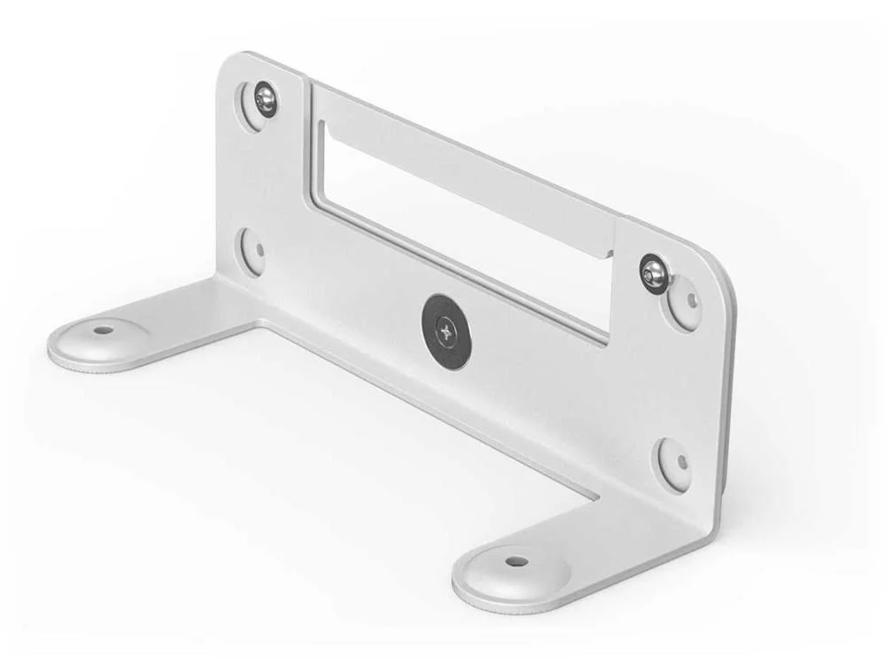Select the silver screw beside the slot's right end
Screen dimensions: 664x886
pos(654,271)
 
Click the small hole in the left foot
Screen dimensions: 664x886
pos(104,330)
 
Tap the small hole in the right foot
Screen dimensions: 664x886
pos(517,560)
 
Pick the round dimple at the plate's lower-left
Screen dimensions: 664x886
pos(252,251)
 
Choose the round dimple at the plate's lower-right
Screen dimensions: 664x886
pos(672,463)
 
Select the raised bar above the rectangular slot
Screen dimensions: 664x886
pos(461,159)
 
